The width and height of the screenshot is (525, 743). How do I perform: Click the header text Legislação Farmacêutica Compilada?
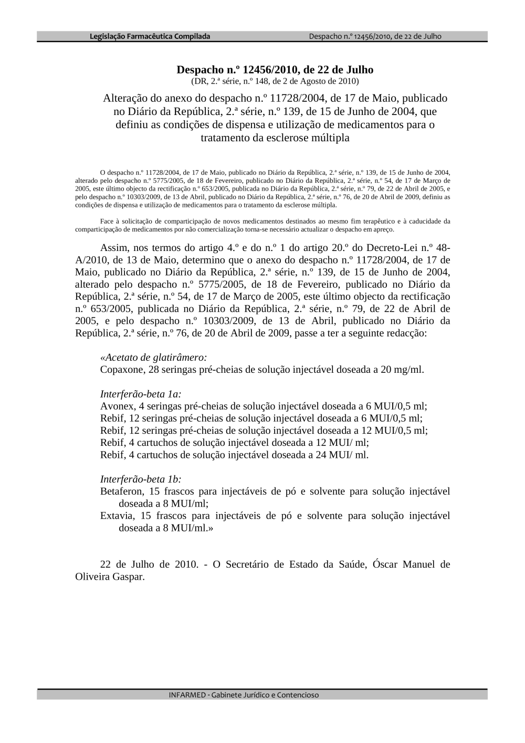[x=150, y=36]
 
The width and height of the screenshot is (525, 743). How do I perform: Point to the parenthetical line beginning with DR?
[x=275, y=81]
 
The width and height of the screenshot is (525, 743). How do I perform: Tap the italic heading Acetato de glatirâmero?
[x=154, y=358]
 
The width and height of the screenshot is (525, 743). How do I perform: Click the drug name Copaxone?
[x=122, y=370]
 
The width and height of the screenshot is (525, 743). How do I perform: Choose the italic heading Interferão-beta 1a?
[x=141, y=394]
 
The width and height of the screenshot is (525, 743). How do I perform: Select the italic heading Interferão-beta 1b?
[x=141, y=479]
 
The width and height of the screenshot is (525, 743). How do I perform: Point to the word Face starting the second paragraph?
[x=107, y=222]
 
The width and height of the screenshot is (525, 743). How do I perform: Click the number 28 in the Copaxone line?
[x=153, y=370]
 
